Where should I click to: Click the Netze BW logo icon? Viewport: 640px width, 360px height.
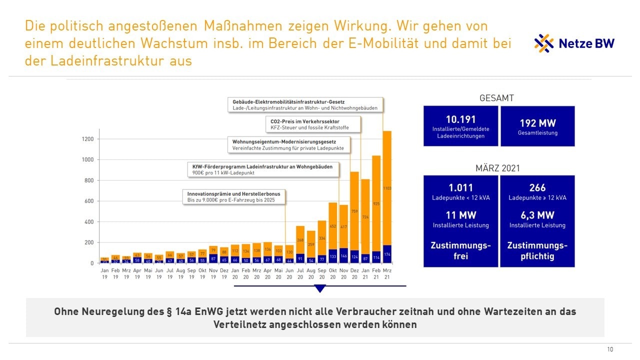coord(544,43)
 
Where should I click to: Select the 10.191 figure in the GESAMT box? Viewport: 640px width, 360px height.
coord(460,119)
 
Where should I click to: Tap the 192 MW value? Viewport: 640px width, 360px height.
coord(537,123)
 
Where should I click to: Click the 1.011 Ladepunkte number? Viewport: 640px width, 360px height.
coord(460,188)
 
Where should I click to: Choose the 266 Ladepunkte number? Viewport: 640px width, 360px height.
coord(537,188)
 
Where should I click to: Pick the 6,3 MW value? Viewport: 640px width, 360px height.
coord(537,215)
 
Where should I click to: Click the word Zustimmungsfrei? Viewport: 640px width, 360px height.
coord(460,250)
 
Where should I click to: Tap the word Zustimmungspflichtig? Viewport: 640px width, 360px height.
coord(537,250)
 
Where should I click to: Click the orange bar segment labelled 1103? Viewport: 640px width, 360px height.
coord(387,188)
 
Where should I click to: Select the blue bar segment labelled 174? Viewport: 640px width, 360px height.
coord(387,254)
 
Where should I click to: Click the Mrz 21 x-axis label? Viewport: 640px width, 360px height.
coord(387,273)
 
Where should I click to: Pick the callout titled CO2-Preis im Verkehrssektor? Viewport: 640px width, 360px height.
coord(312,124)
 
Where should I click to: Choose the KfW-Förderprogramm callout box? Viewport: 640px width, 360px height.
coord(262,169)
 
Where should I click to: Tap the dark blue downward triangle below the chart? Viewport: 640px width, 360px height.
coord(320,288)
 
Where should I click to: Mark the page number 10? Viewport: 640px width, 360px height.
coord(610,349)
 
